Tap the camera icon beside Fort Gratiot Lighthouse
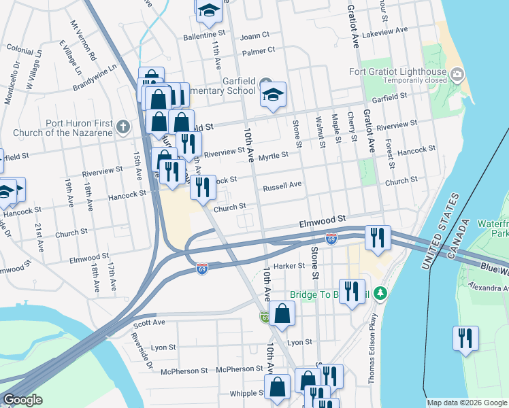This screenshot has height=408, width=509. tap(457, 73)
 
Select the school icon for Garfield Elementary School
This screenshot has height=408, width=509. tap(273, 95)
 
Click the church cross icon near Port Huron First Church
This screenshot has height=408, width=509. tap(122, 126)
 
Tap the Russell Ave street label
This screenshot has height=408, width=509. tap(282, 185)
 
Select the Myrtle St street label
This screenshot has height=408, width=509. tap(276, 154)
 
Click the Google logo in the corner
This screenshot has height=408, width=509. tap(22, 400)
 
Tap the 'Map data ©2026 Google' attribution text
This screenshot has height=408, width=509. tap(466, 403)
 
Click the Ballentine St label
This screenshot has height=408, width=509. tap(203, 33)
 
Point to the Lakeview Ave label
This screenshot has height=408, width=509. tap(386, 32)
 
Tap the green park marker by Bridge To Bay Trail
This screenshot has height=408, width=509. tap(382, 294)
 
